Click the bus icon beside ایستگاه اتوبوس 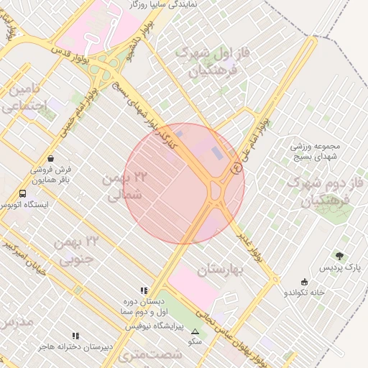[x=23, y=193]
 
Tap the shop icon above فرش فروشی [x=50, y=158]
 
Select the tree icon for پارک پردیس [x=339, y=255]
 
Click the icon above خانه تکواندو [x=304, y=282]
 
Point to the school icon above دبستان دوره [x=144, y=290]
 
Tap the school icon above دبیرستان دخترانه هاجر [x=75, y=336]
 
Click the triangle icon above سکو [x=195, y=331]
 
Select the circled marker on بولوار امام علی [x=236, y=169]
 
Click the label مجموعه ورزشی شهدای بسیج [x=318, y=151]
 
